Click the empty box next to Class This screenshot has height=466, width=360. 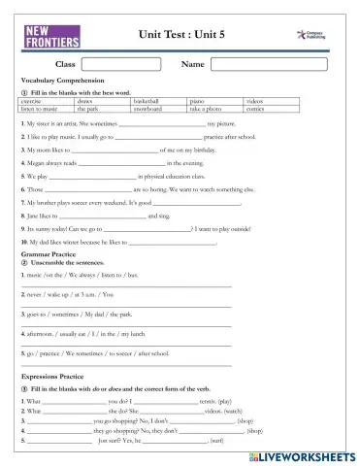[x=118, y=64]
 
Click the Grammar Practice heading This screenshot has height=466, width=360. [x=48, y=252]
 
